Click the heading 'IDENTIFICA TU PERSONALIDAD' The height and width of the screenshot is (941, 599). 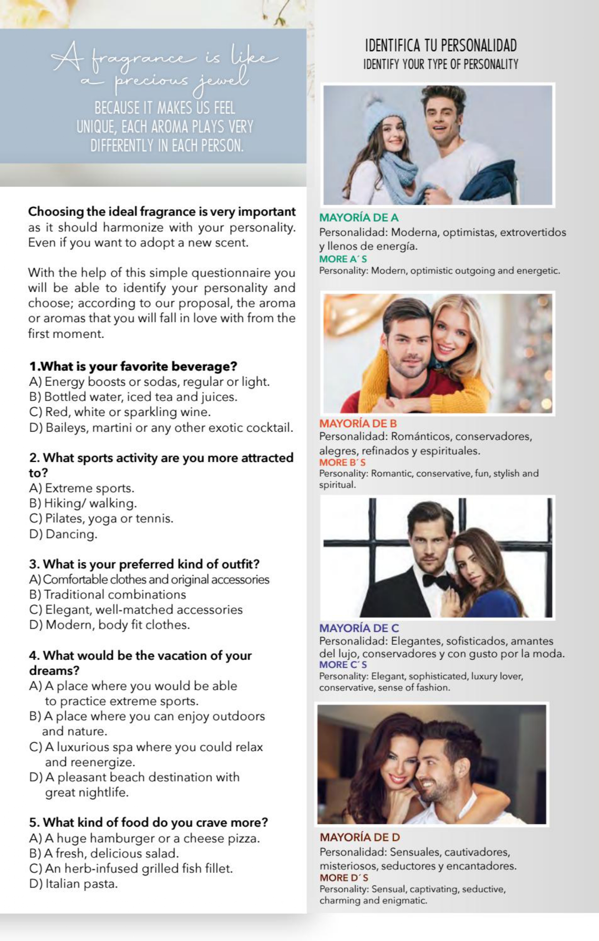point(441,46)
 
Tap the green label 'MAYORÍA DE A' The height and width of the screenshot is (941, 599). point(359,218)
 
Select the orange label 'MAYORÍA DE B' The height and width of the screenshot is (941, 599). point(358,424)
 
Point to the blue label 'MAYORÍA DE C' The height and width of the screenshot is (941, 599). point(359,628)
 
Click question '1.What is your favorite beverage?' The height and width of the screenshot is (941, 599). point(133,366)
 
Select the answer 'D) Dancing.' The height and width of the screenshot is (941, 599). point(63,534)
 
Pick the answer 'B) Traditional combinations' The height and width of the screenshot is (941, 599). point(108,594)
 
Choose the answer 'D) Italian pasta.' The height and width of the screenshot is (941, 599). point(73,884)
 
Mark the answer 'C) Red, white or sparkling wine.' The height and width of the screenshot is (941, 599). point(120,412)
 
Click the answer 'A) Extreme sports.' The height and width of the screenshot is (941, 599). point(82,488)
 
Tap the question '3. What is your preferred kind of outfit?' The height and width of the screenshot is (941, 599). point(144,564)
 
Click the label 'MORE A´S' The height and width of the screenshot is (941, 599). point(343,259)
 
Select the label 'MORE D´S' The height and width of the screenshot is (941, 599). point(344,877)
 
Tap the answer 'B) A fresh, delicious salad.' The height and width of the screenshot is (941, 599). point(104,853)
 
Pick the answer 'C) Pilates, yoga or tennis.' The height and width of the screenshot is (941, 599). point(101,518)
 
